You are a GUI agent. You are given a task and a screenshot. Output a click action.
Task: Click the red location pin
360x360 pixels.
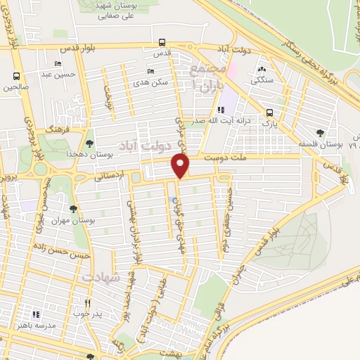(181, 166)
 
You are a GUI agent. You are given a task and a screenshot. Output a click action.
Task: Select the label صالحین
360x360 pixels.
(18, 88)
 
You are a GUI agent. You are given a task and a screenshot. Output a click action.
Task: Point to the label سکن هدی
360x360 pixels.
(154, 82)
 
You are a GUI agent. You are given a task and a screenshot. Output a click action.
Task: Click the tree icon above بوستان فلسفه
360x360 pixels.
(321, 133)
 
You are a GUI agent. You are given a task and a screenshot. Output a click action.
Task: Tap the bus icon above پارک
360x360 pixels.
(269, 113)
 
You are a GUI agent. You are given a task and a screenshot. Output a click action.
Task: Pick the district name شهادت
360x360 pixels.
(97, 278)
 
